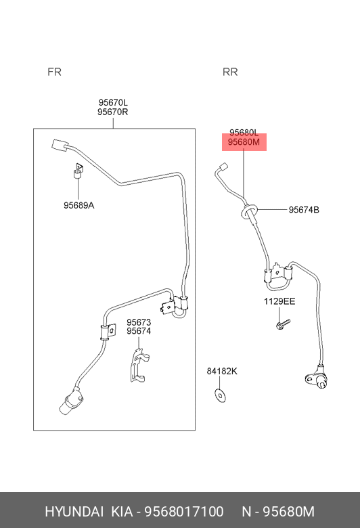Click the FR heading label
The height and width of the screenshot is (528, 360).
click(54, 72)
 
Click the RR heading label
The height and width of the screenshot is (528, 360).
click(230, 72)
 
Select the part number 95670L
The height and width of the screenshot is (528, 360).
click(113, 102)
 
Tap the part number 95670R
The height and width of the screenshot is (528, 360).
click(113, 112)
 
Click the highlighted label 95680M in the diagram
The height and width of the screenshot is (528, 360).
click(244, 142)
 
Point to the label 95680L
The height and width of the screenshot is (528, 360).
click(244, 133)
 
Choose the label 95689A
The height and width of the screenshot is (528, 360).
click(78, 205)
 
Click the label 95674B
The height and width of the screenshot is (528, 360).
click(304, 210)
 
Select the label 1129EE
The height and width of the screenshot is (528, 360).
click(279, 301)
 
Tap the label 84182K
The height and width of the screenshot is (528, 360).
click(222, 371)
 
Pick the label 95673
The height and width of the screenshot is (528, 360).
click(139, 322)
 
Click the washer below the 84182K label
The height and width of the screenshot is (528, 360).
click(220, 396)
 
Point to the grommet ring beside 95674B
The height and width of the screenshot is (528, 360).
click(249, 211)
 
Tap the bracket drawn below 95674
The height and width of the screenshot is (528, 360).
click(139, 366)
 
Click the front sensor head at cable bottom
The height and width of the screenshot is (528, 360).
click(71, 401)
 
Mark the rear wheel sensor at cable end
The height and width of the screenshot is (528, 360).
click(317, 378)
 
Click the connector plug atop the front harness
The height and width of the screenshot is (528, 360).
click(60, 146)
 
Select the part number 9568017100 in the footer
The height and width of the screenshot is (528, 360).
click(184, 512)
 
